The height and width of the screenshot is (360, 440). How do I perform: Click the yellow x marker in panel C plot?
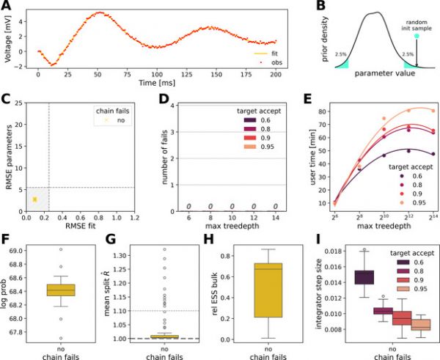[34, 199]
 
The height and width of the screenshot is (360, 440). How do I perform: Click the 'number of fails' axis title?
[150, 156]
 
